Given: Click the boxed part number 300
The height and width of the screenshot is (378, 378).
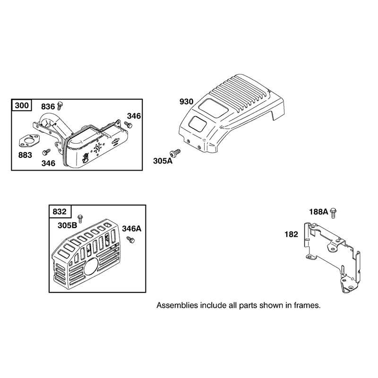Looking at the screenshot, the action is [22, 105].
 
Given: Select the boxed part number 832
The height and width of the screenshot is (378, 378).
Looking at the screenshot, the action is [60, 212].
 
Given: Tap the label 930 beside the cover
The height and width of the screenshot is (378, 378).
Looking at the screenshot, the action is [186, 102].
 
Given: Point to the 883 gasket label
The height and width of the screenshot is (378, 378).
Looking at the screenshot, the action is [25, 155].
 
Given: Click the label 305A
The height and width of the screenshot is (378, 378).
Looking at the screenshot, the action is [163, 161].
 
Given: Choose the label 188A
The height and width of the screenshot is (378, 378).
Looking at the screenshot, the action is [318, 212].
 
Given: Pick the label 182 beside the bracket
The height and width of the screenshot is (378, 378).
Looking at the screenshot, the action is [291, 234].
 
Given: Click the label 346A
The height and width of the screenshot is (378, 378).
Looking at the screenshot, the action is [132, 229].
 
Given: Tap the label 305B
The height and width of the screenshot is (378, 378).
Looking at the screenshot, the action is [67, 225].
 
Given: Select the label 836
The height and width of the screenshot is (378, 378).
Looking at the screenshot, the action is [48, 107].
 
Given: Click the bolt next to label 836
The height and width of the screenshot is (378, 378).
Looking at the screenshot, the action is [60, 106].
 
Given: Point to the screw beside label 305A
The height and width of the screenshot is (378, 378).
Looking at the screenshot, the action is [175, 153].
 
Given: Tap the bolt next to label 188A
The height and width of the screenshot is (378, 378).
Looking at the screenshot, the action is [334, 213].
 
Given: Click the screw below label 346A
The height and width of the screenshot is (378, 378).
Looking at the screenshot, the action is [131, 240].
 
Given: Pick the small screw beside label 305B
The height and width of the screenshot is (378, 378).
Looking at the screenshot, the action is [80, 218].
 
